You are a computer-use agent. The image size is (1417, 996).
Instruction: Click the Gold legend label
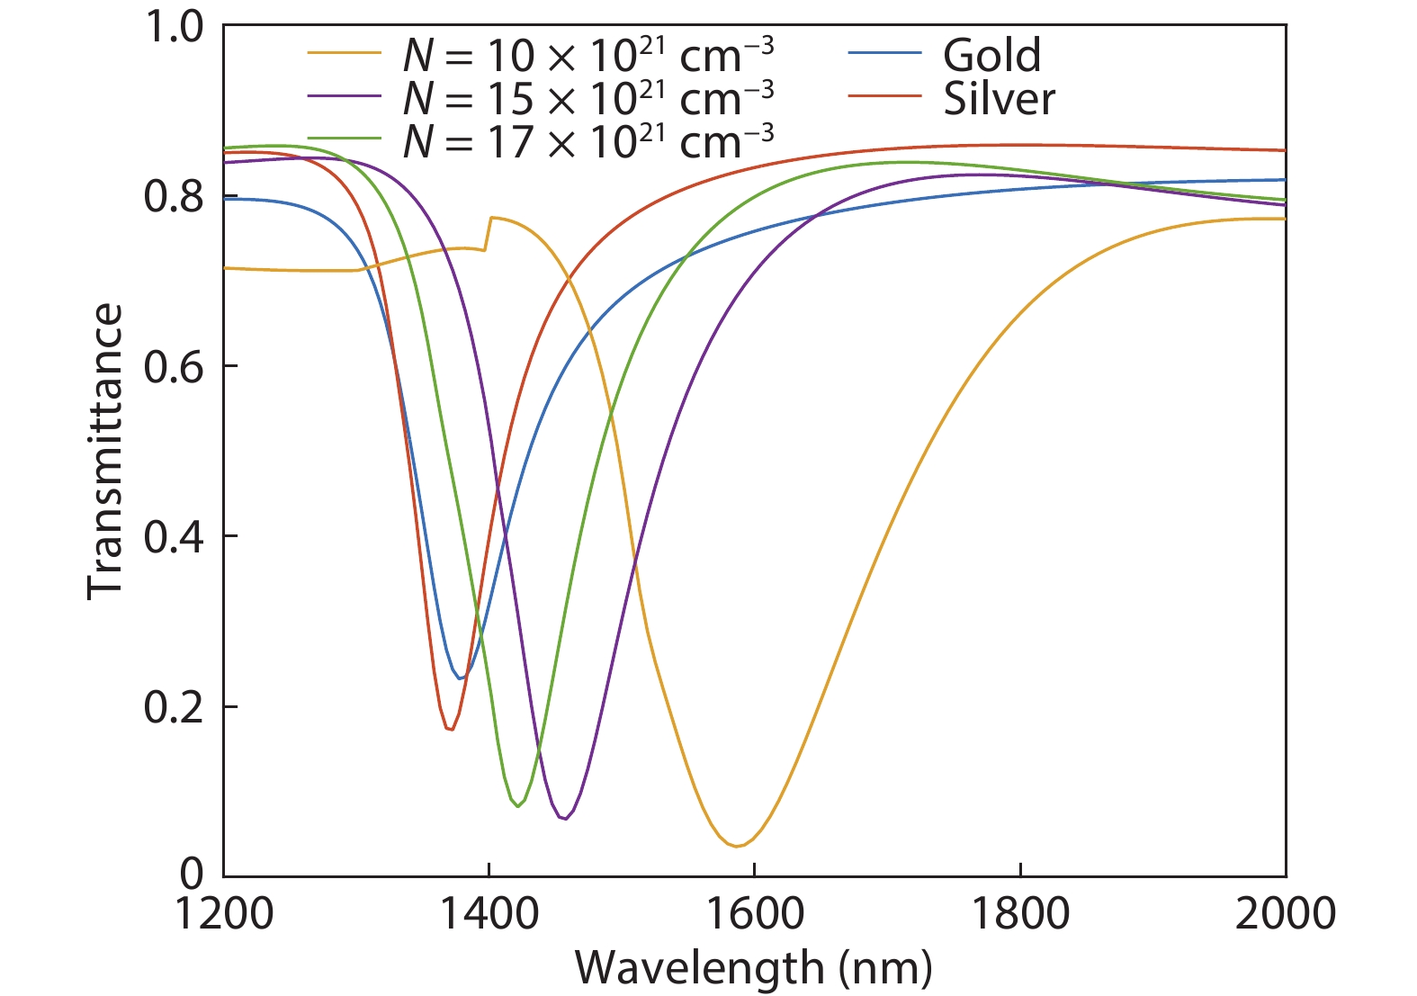(x=991, y=56)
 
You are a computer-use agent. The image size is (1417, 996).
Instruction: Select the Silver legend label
(x=999, y=99)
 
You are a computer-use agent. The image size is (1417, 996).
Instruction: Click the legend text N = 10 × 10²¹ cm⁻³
(x=587, y=56)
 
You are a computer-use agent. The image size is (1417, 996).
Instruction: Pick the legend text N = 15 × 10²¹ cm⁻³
(x=587, y=98)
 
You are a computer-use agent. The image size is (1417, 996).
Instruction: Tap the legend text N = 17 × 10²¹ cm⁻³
(x=587, y=141)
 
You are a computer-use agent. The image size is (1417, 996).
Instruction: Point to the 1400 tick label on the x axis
(x=489, y=914)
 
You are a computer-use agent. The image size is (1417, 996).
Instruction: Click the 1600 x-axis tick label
(x=754, y=914)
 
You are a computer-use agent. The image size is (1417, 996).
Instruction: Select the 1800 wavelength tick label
(x=1020, y=914)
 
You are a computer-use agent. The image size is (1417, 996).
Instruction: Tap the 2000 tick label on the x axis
(x=1285, y=914)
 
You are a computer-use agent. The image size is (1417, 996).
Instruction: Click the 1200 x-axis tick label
(x=223, y=914)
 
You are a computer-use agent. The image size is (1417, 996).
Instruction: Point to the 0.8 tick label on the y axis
(x=174, y=196)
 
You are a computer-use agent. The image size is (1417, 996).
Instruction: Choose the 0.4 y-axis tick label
(x=174, y=537)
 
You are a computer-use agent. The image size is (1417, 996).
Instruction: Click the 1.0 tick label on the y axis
(x=174, y=27)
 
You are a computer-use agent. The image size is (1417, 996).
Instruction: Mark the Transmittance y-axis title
(x=104, y=450)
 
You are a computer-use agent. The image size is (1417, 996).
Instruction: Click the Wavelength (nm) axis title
(x=754, y=968)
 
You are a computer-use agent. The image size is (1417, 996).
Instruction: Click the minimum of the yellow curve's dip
(x=736, y=846)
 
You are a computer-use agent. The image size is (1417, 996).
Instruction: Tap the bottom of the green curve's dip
(x=518, y=806)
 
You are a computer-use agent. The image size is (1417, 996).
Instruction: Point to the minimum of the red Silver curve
(x=450, y=729)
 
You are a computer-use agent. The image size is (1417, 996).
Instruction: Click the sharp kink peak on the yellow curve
(x=491, y=217)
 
